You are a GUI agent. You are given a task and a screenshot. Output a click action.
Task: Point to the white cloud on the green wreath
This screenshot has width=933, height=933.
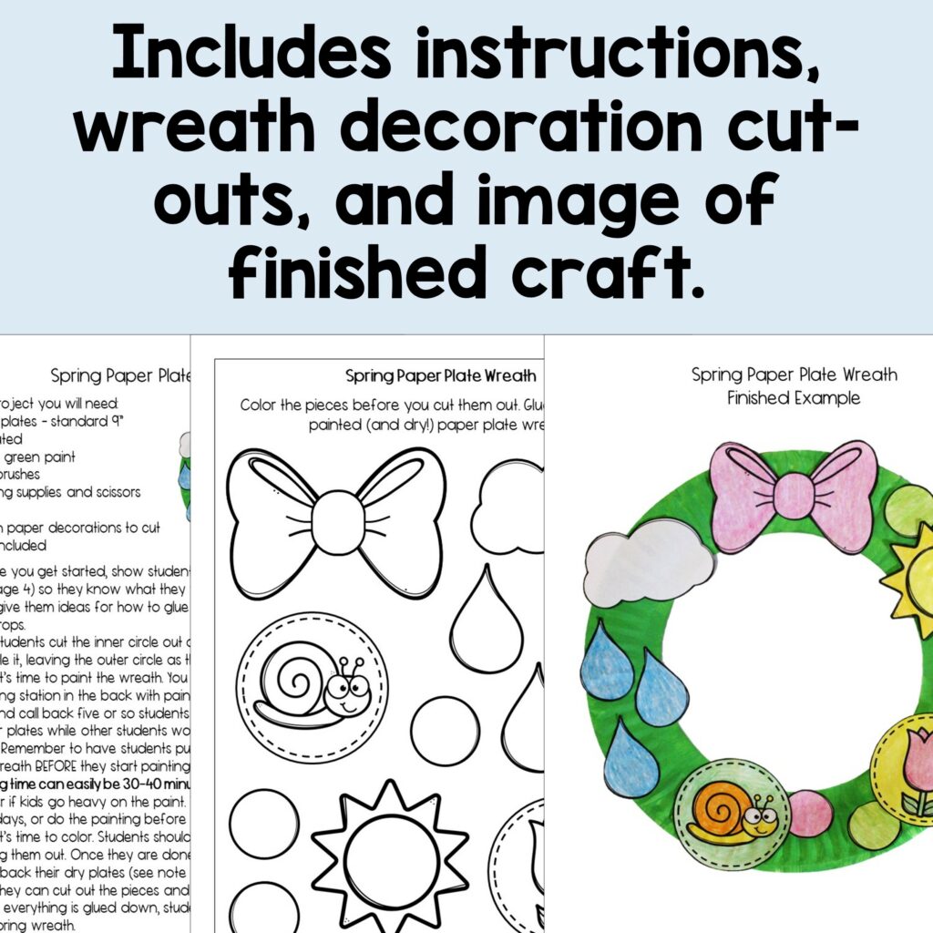tap(648, 560)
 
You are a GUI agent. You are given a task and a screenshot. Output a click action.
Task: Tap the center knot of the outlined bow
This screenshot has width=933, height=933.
tap(337, 523)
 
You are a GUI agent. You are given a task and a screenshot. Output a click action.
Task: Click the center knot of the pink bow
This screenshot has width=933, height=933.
tap(794, 496)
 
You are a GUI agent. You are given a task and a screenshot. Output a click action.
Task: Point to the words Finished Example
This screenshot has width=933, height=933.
tap(794, 398)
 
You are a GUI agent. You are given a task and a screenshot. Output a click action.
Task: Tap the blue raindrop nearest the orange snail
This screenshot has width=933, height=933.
tap(630, 758)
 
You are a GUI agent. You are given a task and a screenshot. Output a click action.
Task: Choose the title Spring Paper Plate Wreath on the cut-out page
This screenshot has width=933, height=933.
tap(440, 375)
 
